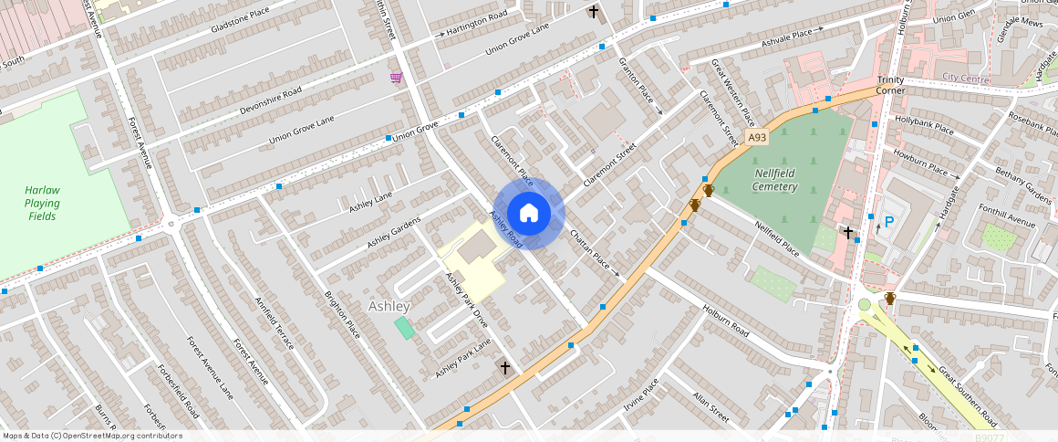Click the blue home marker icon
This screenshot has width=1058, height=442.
click(529, 213)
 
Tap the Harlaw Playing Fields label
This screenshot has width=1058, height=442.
click(42, 203)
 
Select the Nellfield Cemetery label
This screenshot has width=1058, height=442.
click(776, 180)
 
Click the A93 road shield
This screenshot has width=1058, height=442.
click(756, 138)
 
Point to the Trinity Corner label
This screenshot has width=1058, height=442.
click(891, 85)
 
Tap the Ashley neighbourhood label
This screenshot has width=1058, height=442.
click(389, 307)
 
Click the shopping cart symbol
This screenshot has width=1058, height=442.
click(396, 78)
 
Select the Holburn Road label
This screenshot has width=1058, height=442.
click(725, 320)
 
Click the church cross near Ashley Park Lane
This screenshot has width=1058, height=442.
click(503, 367)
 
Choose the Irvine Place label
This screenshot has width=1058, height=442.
click(640, 395)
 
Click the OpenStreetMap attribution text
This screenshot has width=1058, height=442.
click(91, 436)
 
